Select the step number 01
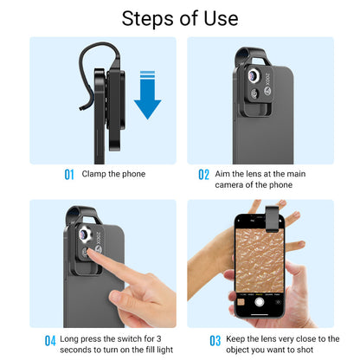69,175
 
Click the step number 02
203,175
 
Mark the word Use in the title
217,17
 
